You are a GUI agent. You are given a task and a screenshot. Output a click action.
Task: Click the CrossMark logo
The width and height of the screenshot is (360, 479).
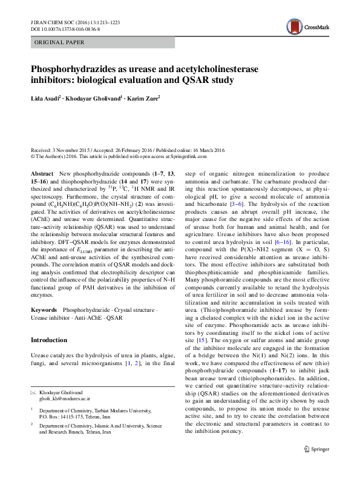[306, 26]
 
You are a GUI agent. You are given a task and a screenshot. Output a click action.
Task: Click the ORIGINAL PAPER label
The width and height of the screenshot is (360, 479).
[59, 42]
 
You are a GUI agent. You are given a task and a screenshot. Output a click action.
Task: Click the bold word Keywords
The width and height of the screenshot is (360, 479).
[45, 309]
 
